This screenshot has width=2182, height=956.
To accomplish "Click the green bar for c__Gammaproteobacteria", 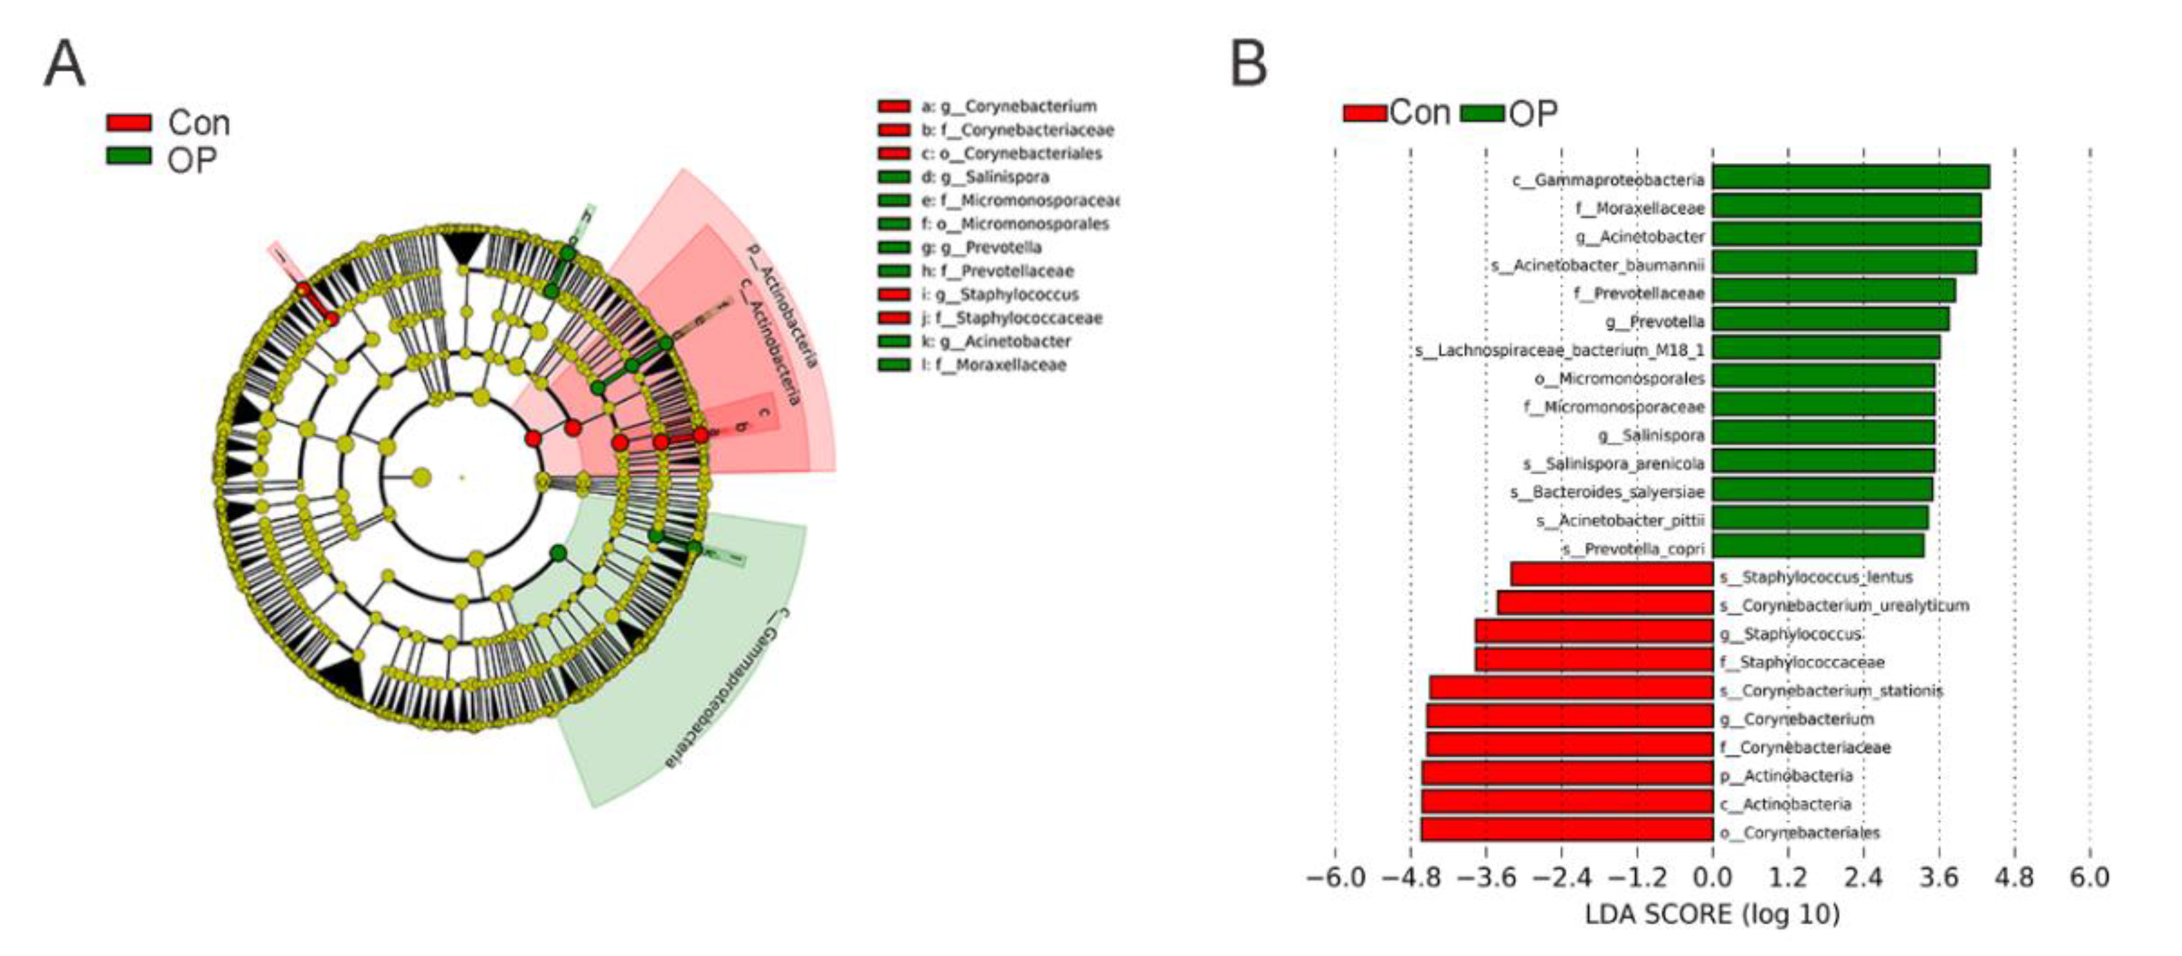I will point(1850,178).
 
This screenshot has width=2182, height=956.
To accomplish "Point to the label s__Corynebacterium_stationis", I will point(1831,691).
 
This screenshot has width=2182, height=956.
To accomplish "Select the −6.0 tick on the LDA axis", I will point(1336,877).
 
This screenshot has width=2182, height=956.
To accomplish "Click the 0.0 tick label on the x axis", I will point(1713,877).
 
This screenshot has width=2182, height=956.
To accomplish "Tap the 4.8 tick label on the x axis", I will point(2014,877).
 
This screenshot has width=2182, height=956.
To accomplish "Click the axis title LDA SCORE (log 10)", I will point(1712,915).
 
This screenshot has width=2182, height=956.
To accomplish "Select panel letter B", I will point(1248,64).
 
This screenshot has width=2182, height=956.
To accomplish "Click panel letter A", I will point(64,64).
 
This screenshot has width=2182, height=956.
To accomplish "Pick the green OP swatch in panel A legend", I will point(129,156).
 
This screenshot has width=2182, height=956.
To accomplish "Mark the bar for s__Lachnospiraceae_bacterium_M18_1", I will point(1826,348).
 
